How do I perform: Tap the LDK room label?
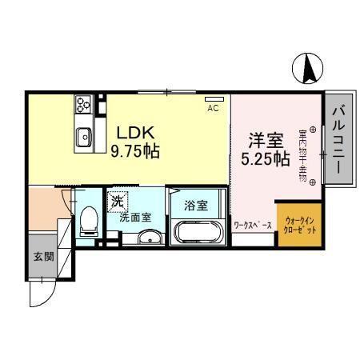coord(131,132)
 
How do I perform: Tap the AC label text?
coord(213,107)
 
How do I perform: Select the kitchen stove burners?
coord(84,104)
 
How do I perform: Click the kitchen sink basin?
coord(84,138)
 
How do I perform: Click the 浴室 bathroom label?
coord(196,205)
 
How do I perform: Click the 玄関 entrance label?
coord(43,257)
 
